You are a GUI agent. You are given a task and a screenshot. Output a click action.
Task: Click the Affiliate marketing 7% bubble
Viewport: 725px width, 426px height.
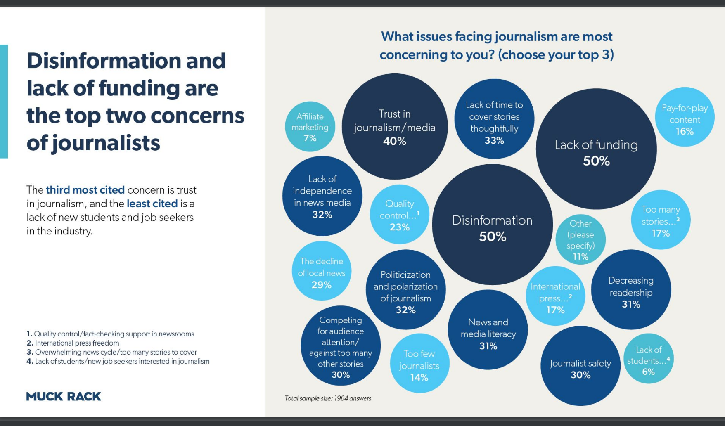pos(310,127)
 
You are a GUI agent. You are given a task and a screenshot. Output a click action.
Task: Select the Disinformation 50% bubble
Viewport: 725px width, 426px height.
pos(492,225)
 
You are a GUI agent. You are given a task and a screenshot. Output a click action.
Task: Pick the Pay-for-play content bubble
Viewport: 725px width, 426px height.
pos(685,117)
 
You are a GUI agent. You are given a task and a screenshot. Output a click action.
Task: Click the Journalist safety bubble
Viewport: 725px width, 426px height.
pos(580,366)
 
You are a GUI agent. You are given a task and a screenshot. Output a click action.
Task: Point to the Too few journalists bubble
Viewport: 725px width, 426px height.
pos(419,363)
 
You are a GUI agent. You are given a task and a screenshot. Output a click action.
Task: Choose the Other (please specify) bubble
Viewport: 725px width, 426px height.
pos(580,239)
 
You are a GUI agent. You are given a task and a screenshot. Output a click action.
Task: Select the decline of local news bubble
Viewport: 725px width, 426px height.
pos(322,271)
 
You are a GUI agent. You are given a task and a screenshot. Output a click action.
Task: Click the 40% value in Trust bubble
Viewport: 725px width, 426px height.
pos(395,141)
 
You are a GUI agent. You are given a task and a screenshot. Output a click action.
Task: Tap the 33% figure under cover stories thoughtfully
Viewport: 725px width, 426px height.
pos(494,140)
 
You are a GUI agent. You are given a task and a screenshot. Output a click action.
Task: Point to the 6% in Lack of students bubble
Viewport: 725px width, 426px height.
pos(648,372)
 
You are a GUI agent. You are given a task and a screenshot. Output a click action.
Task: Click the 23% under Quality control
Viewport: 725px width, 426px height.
pos(400,227)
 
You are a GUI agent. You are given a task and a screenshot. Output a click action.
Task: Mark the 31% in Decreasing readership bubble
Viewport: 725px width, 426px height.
pos(631,304)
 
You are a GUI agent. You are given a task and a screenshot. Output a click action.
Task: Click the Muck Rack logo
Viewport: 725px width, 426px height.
pos(64,396)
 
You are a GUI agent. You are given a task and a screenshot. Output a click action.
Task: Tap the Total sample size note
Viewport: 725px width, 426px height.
pos(328,398)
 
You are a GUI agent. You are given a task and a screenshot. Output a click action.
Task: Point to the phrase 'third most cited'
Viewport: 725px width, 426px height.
pos(85,190)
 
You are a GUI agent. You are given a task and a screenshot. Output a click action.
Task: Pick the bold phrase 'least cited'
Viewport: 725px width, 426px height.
pos(152,204)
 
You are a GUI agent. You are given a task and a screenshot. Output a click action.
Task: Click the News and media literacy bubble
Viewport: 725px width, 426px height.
pos(488,330)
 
